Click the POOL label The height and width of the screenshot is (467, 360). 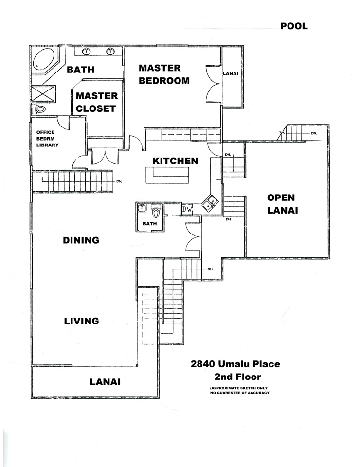[x=294, y=26]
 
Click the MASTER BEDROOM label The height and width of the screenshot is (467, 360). [x=164, y=74]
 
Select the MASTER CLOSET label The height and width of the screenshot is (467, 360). [x=96, y=102]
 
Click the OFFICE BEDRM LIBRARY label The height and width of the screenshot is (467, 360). [x=47, y=139]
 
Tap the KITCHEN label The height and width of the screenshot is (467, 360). [x=175, y=161]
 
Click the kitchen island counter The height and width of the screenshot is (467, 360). [x=168, y=176]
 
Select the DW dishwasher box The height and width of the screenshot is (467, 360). [x=187, y=209]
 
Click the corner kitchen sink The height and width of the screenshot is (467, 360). [x=210, y=203]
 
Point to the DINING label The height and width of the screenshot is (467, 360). [x=81, y=240]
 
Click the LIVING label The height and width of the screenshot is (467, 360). [x=82, y=321]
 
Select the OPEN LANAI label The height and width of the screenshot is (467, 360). [x=282, y=204]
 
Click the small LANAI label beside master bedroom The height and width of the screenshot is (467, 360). [x=231, y=73]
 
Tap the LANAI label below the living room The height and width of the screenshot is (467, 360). [x=105, y=382]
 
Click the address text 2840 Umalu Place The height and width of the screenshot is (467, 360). [x=235, y=364]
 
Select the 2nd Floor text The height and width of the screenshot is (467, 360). [x=237, y=377]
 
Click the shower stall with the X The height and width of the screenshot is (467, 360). [x=43, y=94]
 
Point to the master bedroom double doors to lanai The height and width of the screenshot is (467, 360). [x=213, y=84]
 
